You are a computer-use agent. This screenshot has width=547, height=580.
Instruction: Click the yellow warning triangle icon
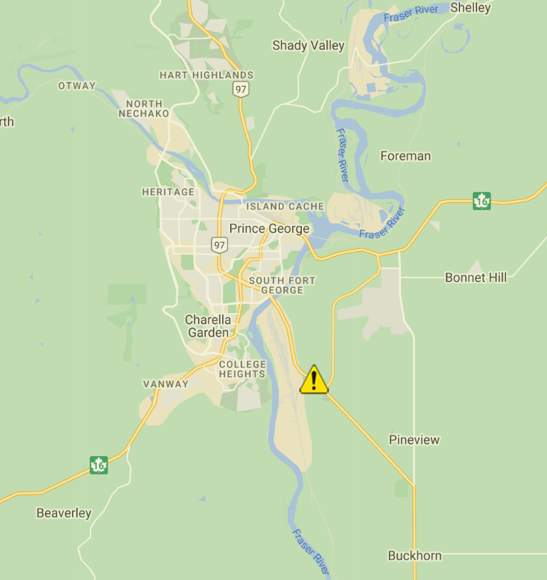pos(313,380)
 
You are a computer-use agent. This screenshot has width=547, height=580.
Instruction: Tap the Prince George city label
pos(269,228)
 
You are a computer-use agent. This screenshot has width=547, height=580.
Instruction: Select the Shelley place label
pos(470,8)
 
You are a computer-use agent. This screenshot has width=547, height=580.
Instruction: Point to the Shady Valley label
pos(308,46)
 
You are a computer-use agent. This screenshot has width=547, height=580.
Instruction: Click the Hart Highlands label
pos(207,75)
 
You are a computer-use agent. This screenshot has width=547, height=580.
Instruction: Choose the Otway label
pos(77,85)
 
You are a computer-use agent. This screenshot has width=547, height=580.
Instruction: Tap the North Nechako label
pos(144,108)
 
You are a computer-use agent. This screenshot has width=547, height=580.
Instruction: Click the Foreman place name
pos(405,156)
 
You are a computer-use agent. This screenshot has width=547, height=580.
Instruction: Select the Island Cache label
pos(286,206)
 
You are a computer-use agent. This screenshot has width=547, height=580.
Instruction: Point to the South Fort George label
pos(282,285)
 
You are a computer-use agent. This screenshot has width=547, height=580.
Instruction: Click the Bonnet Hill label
pos(476,278)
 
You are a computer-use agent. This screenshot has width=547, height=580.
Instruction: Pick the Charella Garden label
pos(208,326)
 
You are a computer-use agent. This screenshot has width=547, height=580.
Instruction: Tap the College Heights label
pos(242,369)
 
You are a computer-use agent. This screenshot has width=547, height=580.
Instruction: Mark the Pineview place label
pos(415,440)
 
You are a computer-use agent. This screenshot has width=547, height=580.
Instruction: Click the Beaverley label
pos(64,513)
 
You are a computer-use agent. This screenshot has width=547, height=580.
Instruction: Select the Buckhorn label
pos(415,556)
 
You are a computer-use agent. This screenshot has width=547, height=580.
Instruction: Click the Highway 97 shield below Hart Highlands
pos(240,89)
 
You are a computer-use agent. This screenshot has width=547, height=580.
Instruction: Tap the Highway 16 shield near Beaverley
pos(99,465)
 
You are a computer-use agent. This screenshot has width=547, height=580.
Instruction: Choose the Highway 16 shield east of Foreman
pos(482,201)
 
